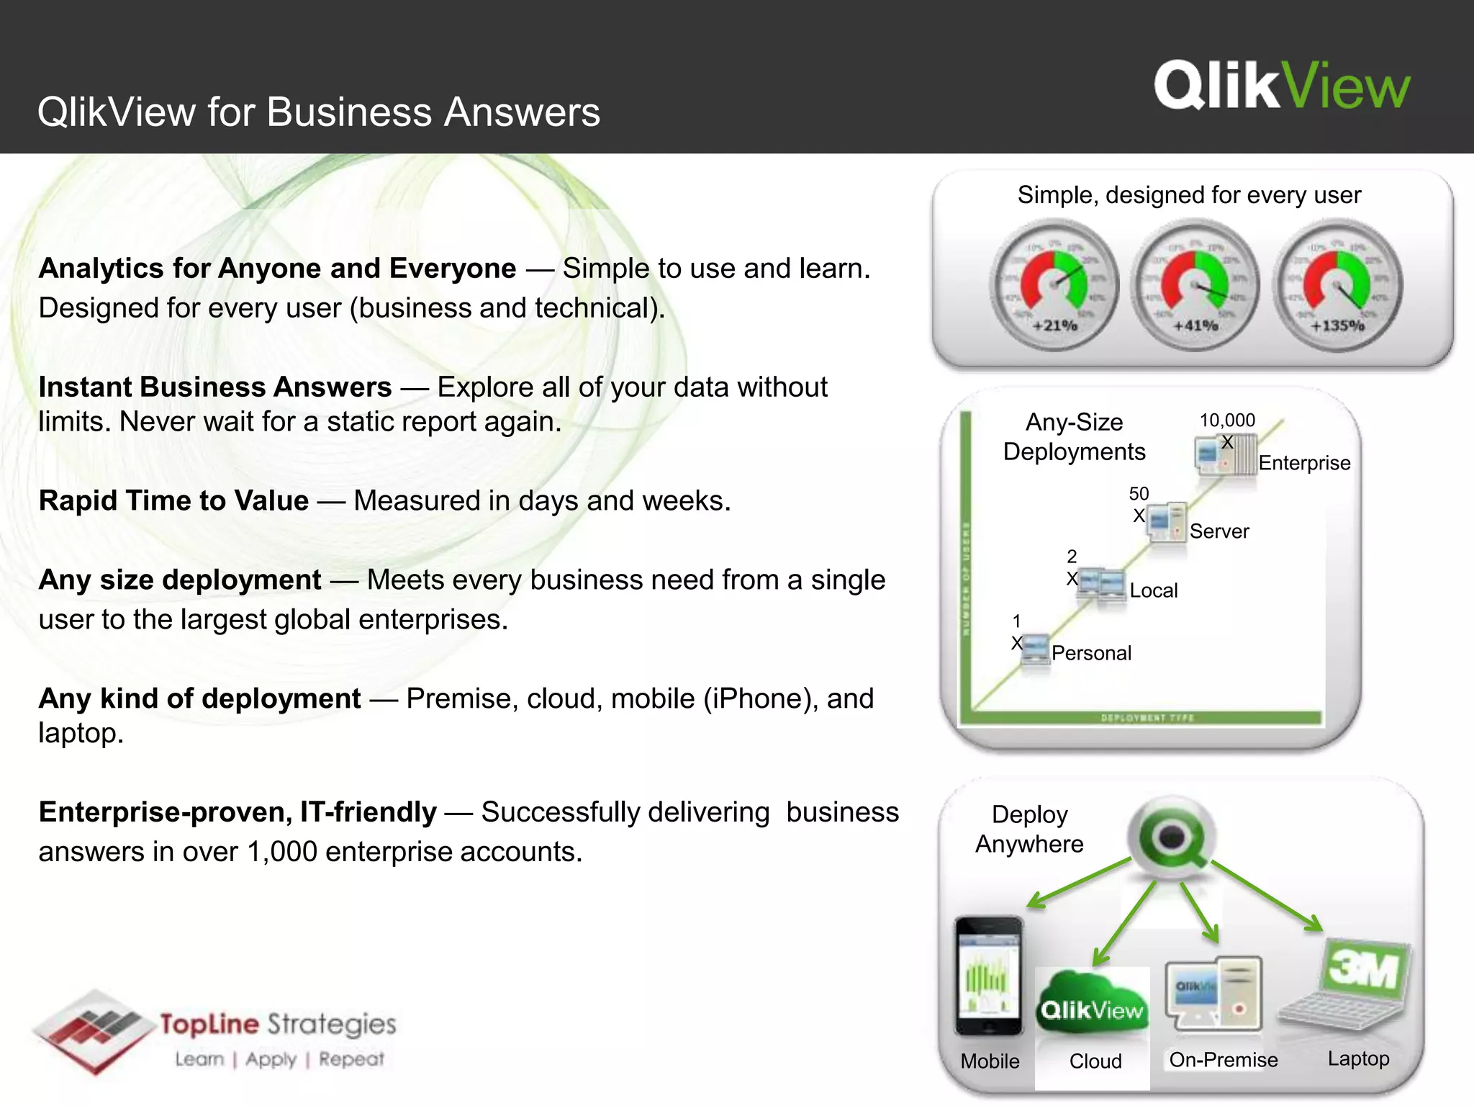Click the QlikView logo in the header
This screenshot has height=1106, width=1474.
[x=1282, y=86]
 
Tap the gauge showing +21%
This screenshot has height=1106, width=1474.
[x=1054, y=286]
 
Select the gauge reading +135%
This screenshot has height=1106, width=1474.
[x=1337, y=286]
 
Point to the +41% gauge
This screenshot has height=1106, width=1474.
[x=1195, y=286]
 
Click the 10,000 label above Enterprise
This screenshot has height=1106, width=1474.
[x=1227, y=421]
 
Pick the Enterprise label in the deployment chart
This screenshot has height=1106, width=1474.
[x=1304, y=463]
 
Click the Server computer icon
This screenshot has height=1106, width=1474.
[x=1167, y=521]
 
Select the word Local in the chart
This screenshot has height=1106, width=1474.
[x=1154, y=590]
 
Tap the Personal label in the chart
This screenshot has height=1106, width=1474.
[x=1091, y=653]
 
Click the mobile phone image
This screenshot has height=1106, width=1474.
[x=989, y=976]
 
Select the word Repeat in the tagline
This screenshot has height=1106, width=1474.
[x=351, y=1059]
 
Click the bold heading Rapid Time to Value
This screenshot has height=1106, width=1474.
[x=173, y=500]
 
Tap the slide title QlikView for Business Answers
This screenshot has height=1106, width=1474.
[x=319, y=112]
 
